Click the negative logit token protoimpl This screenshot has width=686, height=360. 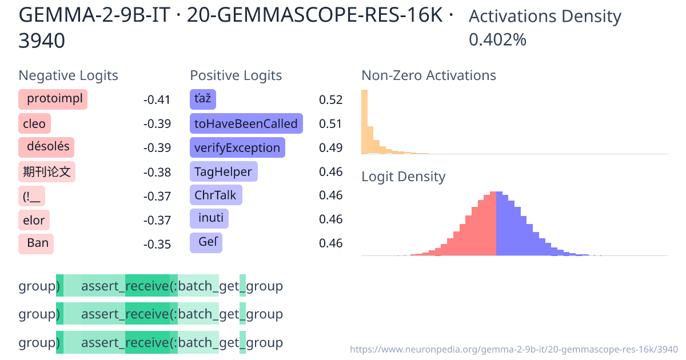coord(53,99)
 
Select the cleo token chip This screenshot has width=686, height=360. coord(34,123)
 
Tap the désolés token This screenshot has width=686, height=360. coord(47,147)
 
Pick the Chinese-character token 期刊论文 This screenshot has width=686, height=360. coord(47,171)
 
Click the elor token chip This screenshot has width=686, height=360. coord(34,219)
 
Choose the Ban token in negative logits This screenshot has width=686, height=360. coord(36,243)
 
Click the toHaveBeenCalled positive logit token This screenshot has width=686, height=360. coord(246,123)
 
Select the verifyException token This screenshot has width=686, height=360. coord(237,147)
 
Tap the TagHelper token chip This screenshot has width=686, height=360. coord(224,171)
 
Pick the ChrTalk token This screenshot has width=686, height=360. coord(216,195)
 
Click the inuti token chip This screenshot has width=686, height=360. coord(209,219)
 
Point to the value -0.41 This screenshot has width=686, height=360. coord(157,100)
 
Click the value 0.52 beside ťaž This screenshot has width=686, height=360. coord(330,100)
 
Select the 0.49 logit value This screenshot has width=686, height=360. coord(330,148)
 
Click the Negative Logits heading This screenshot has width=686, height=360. coord(69,75)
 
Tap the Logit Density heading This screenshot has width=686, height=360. coord(403,177)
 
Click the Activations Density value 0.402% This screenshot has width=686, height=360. coord(497,40)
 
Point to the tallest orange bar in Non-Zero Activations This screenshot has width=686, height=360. coord(364,122)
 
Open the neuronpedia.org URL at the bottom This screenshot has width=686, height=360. coord(513,349)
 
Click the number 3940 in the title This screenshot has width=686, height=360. coord(42,41)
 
